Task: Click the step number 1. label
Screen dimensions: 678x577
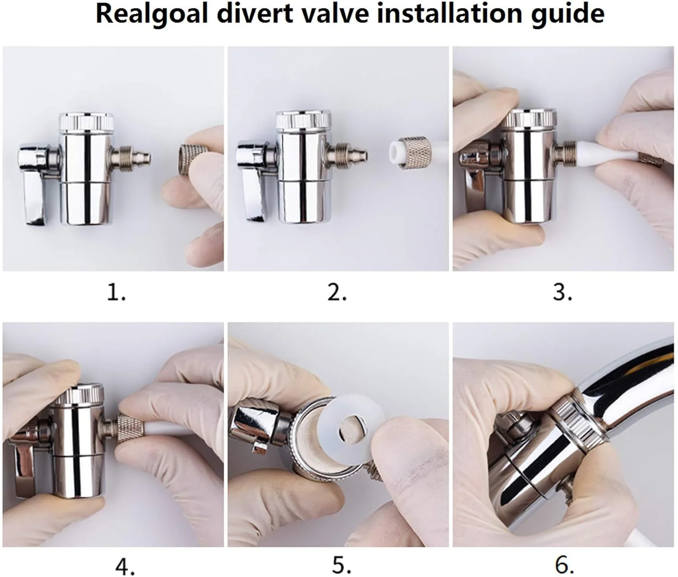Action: [116, 292]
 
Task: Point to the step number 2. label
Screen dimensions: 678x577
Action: [337, 292]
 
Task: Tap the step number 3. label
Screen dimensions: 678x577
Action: [563, 292]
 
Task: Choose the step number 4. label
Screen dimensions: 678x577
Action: [125, 565]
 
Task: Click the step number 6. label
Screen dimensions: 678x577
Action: [565, 565]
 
